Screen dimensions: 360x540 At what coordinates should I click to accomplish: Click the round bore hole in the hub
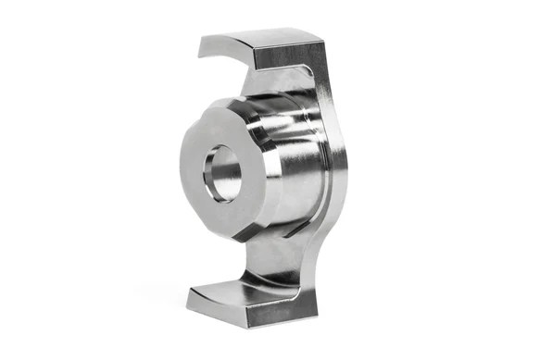[222, 173]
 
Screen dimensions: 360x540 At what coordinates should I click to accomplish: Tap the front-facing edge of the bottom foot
[241, 314]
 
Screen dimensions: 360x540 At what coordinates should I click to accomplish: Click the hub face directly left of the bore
[192, 171]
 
